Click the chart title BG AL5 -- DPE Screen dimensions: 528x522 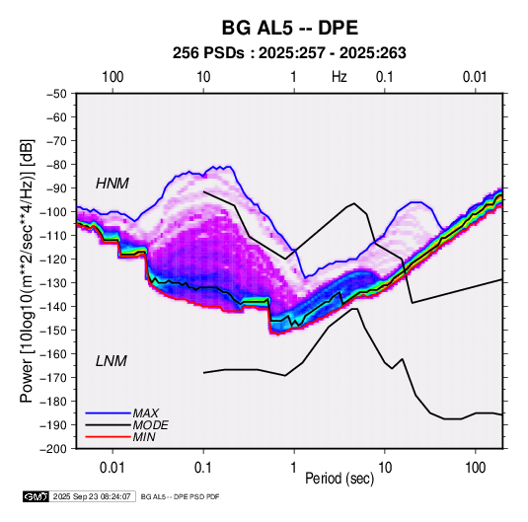(289, 28)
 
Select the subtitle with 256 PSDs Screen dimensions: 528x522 (289, 53)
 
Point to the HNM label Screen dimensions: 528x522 (113, 184)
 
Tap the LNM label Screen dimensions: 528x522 (112, 361)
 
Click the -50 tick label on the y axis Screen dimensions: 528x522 (56, 94)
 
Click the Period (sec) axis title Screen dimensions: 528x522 (339, 479)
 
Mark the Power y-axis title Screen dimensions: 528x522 (27, 270)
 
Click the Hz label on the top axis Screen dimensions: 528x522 (339, 77)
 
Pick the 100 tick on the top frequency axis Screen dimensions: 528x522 (113, 77)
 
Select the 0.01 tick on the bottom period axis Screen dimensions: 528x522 (113, 468)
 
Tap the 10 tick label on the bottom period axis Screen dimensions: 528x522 (385, 468)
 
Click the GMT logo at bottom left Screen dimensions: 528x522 (37, 496)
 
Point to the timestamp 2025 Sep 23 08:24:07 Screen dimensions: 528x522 (92, 496)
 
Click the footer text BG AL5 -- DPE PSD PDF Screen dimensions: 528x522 (181, 496)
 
